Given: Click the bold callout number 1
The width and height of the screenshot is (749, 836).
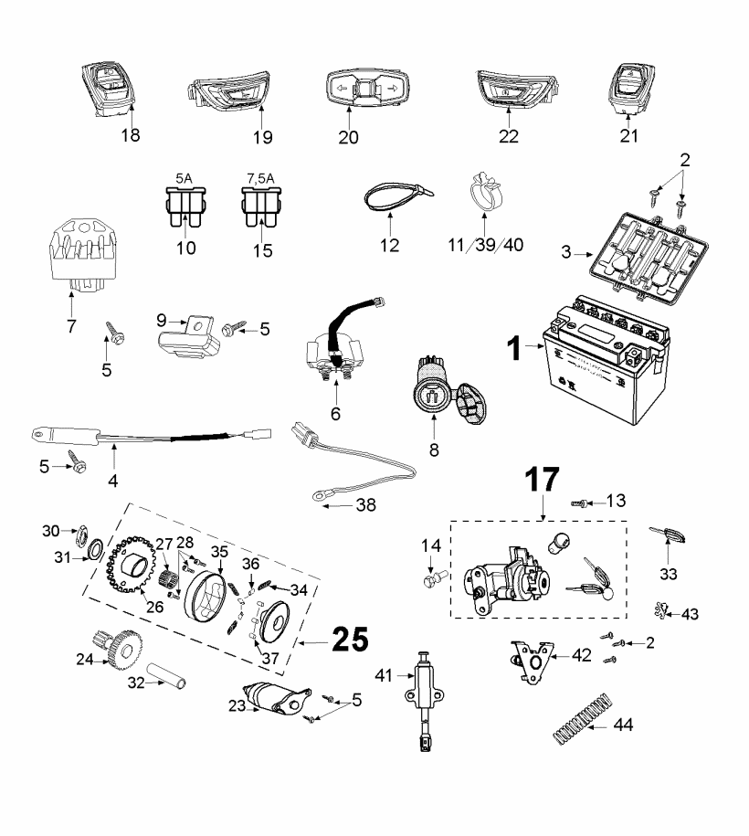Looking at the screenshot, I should click(514, 347).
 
